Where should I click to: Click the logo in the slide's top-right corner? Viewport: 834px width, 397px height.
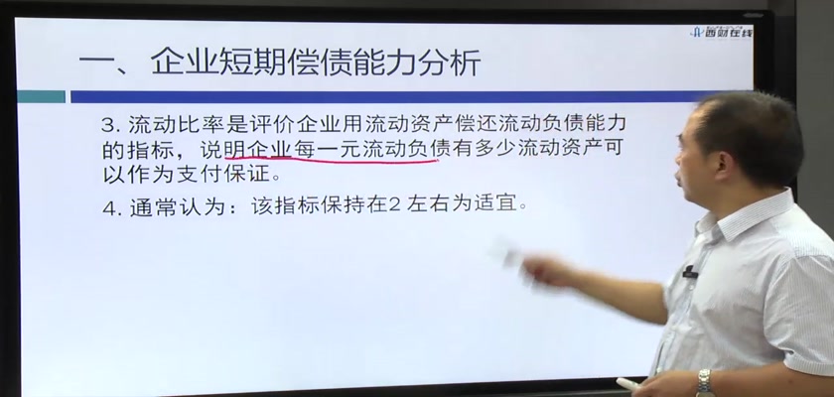tap(721, 32)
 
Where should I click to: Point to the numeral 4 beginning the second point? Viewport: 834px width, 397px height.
tap(109, 207)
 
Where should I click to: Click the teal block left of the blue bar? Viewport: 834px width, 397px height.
tap(41, 96)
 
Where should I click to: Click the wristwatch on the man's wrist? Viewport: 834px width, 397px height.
tap(705, 382)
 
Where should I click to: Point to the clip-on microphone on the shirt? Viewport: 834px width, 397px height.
tap(690, 273)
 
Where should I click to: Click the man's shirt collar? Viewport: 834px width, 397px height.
tap(745, 212)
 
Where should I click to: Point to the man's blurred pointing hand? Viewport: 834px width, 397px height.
tap(537, 271)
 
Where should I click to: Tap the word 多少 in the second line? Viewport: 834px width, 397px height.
tap(496, 149)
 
